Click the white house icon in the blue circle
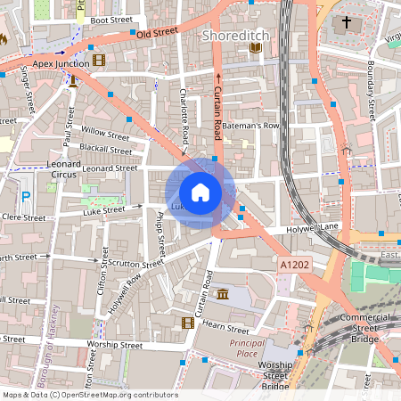coord(200,192)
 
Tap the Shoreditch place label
coord(234,36)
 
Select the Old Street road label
coord(157,33)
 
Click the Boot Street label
coord(111,19)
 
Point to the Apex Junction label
coord(60,63)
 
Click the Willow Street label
coord(105,133)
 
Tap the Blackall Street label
coord(105,148)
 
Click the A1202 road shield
coord(294,266)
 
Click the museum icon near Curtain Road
coord(220,294)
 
